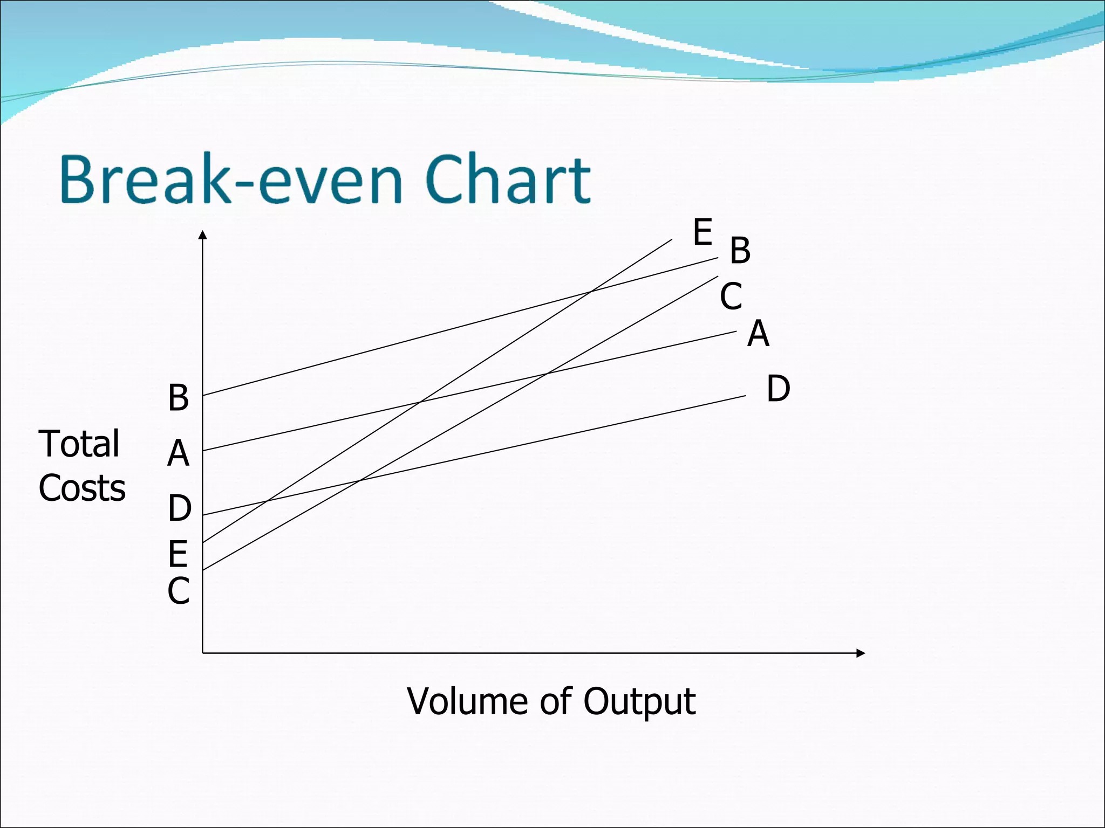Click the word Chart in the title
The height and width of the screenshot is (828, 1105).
508,180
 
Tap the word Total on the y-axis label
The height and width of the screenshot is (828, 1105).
79,444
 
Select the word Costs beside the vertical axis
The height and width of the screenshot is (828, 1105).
82,488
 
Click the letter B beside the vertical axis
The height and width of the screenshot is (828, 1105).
178,398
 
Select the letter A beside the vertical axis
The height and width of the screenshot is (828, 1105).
178,454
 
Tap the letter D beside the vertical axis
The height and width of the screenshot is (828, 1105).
179,508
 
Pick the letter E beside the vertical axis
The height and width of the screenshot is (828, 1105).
178,554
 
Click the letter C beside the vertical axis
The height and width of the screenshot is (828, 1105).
178,591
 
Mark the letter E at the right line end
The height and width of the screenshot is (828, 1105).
702,232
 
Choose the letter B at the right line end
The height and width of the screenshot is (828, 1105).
740,251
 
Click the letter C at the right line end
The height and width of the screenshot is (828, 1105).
731,296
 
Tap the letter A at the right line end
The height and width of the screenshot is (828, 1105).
758,334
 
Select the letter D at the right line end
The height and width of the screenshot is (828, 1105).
778,389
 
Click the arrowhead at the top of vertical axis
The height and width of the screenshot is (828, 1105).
202,234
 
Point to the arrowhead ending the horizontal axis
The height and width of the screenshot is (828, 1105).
861,653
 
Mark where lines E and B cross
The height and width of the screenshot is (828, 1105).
591,292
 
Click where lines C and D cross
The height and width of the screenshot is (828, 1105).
359,480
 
